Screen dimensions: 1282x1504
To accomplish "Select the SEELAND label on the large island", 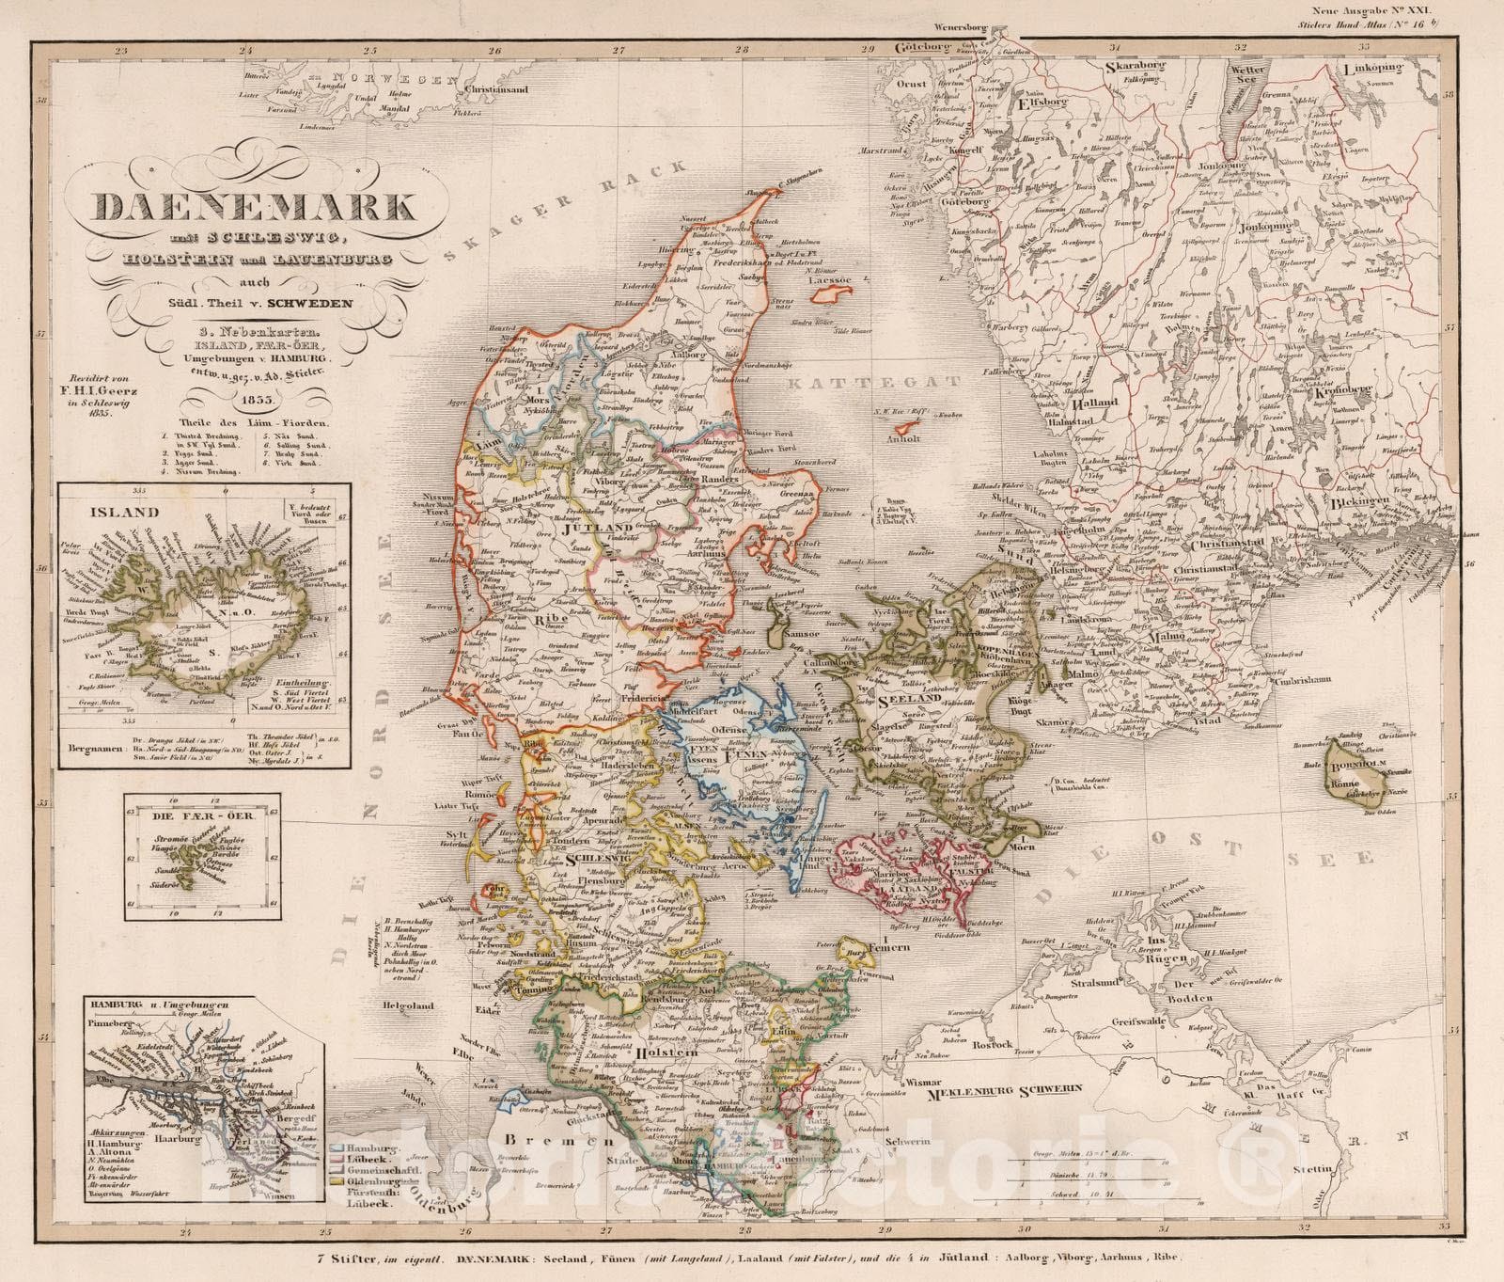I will pos(908,700).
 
